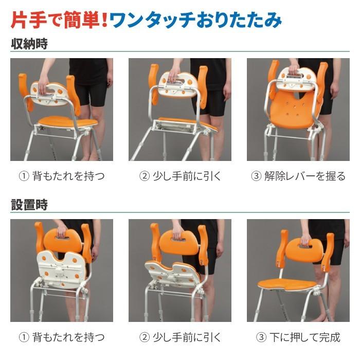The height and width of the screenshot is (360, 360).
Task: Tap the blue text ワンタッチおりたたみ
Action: coord(195,20)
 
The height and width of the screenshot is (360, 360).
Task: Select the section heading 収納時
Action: coord(29,44)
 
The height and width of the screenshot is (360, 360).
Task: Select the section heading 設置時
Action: coord(29,205)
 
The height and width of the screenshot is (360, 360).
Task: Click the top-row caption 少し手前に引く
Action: coord(180,176)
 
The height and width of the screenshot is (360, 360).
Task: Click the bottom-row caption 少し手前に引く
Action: coord(180,337)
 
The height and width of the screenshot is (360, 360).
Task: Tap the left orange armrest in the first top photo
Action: coord(25,90)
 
